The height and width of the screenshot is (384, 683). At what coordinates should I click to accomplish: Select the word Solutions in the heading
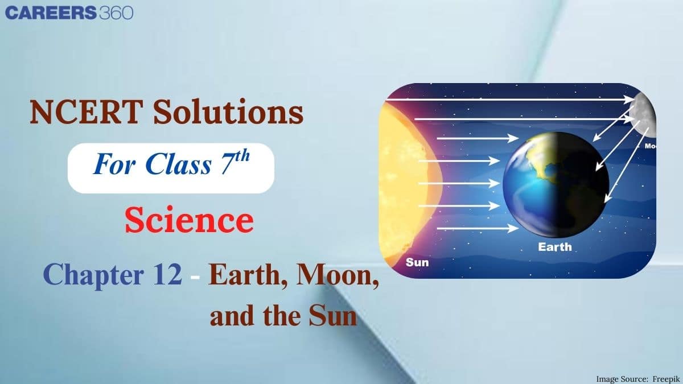coord(228,112)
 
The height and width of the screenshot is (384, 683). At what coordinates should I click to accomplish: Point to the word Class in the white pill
coord(178,164)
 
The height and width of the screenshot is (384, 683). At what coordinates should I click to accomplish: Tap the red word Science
coord(190,220)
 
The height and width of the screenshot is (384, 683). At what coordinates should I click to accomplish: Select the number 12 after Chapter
coord(167,274)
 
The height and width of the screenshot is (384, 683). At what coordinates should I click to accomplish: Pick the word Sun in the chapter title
coord(332,316)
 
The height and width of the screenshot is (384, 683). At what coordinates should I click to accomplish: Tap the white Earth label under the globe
coord(554,247)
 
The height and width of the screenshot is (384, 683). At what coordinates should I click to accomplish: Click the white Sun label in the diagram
coord(417,262)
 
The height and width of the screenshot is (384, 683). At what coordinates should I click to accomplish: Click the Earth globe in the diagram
coord(556,185)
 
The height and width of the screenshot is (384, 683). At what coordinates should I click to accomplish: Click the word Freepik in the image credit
coord(666,379)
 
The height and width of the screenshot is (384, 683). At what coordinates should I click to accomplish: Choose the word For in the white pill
coord(114,164)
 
